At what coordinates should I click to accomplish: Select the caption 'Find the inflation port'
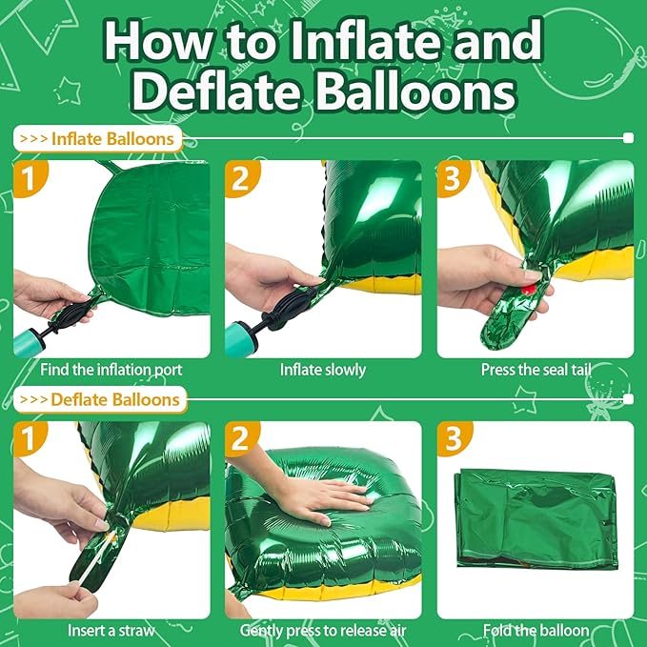(112, 369)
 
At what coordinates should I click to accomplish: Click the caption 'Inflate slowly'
(323, 369)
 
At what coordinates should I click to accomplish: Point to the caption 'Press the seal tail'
(535, 369)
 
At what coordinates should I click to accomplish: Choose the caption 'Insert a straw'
(112, 630)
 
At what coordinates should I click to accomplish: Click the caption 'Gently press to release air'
(323, 630)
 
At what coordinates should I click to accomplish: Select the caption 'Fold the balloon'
(535, 630)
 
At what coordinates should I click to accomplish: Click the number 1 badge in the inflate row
(30, 178)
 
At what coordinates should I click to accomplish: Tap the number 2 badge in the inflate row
(241, 178)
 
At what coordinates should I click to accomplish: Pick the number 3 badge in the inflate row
(453, 178)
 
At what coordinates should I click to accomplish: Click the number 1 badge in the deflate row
(30, 439)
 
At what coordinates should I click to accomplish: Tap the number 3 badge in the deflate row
(453, 439)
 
